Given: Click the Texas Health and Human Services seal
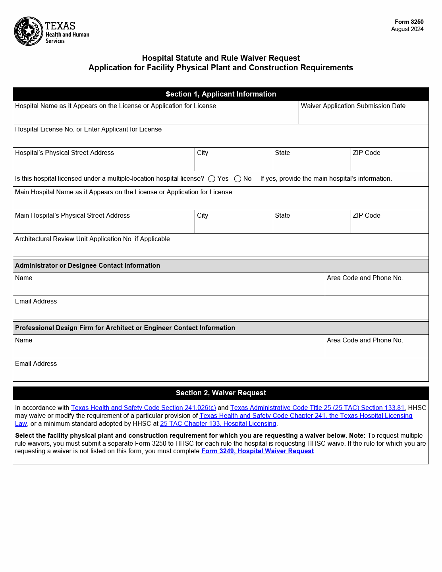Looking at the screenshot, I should point(29,31).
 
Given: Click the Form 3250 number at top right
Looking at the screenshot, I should point(409,22).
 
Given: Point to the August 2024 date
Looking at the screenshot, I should point(407,29).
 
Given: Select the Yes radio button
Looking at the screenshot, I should point(212,179).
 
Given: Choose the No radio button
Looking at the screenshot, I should point(237,179).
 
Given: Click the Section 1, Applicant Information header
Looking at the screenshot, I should point(220,94).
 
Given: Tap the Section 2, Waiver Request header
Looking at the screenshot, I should point(220,393).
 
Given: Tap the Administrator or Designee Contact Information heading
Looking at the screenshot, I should point(87,266).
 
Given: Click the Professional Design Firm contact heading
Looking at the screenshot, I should point(125,328).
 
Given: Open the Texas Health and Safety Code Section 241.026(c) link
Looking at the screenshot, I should point(143,408).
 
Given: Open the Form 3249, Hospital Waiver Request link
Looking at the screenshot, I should point(257,451).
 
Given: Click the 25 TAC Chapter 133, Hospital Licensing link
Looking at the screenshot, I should point(218,424).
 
